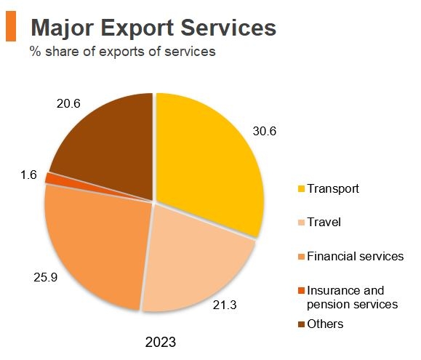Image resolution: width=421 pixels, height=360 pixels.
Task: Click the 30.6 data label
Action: tap(265, 132)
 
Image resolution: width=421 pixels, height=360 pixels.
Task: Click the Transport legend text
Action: tap(333, 189)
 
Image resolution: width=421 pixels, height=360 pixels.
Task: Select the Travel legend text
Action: tap(324, 223)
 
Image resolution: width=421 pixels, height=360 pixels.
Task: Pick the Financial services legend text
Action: tap(355, 257)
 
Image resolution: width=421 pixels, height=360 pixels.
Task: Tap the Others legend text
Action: tap(325, 324)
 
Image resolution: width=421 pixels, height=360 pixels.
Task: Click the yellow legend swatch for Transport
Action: tap(301, 189)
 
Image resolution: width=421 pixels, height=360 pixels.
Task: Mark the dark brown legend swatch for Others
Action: tap(301, 324)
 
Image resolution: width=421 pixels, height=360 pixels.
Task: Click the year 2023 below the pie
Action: tap(160, 342)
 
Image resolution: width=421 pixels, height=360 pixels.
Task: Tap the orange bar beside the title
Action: tap(11, 27)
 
